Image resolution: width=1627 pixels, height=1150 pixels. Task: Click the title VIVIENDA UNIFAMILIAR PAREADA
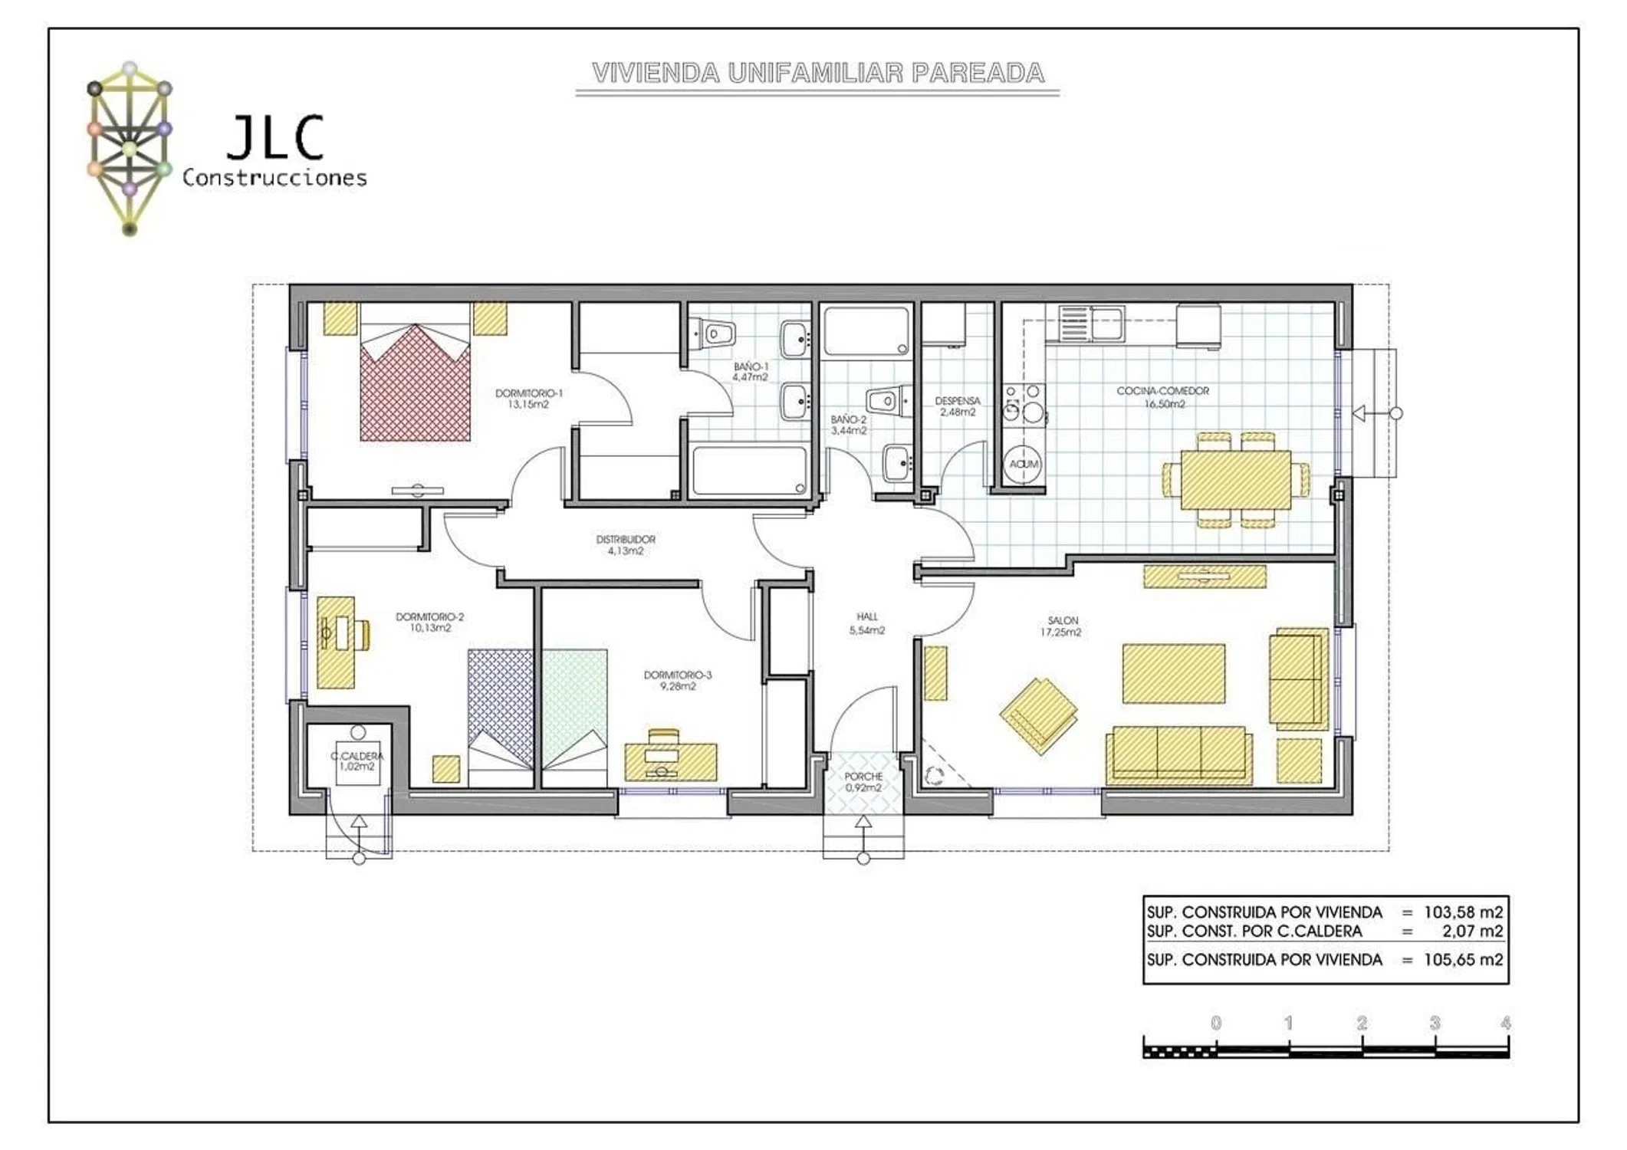click(817, 74)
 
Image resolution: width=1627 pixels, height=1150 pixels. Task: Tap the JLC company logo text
click(275, 138)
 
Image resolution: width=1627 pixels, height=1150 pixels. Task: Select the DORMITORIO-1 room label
click(528, 393)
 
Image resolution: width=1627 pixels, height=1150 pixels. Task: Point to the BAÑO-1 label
click(750, 367)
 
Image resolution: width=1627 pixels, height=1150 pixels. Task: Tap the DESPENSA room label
click(958, 401)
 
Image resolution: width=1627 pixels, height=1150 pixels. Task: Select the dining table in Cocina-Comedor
click(1236, 480)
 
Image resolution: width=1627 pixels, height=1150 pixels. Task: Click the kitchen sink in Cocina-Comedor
click(1092, 323)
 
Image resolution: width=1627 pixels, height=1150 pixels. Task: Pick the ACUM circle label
click(1024, 464)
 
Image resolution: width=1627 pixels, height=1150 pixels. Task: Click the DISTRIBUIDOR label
click(626, 540)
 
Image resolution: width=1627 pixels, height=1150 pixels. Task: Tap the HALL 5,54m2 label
click(867, 623)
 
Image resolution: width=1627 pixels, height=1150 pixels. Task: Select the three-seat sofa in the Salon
click(1178, 755)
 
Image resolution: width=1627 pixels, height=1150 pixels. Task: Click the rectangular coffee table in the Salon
click(1173, 673)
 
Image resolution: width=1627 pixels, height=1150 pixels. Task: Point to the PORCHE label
click(863, 777)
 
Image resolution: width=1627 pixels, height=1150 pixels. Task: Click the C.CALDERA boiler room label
click(357, 757)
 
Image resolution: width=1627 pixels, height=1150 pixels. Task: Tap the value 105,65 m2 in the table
click(1463, 960)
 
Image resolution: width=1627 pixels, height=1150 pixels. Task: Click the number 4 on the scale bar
click(1506, 1023)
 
